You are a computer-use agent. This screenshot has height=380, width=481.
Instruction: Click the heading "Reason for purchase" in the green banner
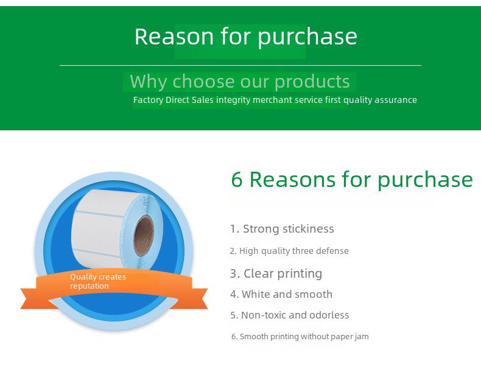tap(246, 37)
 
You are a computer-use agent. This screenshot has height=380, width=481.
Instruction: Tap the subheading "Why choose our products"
tap(239, 82)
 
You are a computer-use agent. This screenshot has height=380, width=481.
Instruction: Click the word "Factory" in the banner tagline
tap(148, 100)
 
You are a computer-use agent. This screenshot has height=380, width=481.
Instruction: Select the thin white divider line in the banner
tap(240, 65)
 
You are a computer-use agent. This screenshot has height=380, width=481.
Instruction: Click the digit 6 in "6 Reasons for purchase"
tap(236, 180)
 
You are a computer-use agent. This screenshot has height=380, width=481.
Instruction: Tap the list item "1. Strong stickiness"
tap(282, 229)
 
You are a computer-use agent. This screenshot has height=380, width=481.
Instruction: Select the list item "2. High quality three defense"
tap(289, 251)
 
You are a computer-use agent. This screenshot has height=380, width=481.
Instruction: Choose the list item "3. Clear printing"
tap(276, 273)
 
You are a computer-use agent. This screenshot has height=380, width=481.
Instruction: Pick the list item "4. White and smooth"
tap(281, 294)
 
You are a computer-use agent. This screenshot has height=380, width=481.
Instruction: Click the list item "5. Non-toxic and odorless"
tap(290, 315)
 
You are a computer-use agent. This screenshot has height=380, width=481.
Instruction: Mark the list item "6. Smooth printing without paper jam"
tap(300, 337)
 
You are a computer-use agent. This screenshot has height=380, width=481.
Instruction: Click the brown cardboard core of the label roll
tap(144, 236)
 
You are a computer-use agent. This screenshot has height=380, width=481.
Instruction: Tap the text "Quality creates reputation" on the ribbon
tap(98, 281)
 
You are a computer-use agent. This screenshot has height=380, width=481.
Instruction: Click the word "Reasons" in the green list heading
tap(292, 180)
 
